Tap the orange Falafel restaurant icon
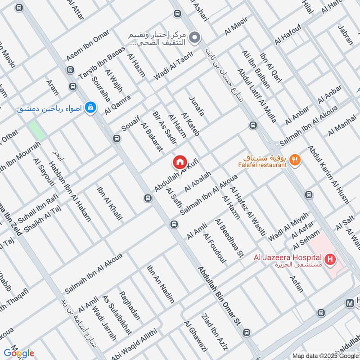click(295, 159)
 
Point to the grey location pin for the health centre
click(194, 37)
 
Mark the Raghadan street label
click(130, 306)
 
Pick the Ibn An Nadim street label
click(160, 284)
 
